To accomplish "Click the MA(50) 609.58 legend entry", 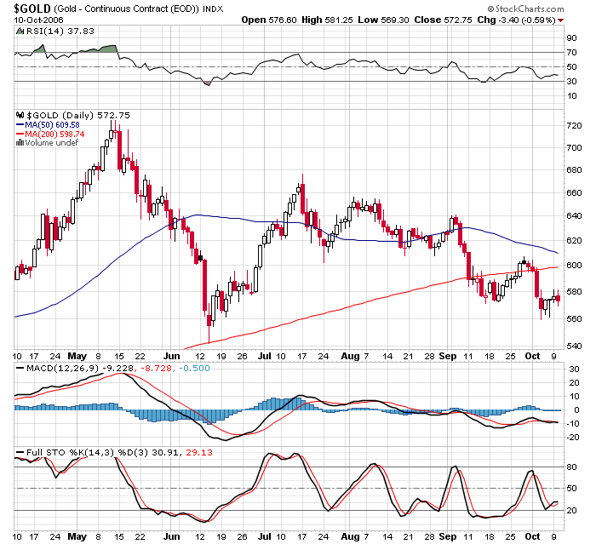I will pos(52,124).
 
